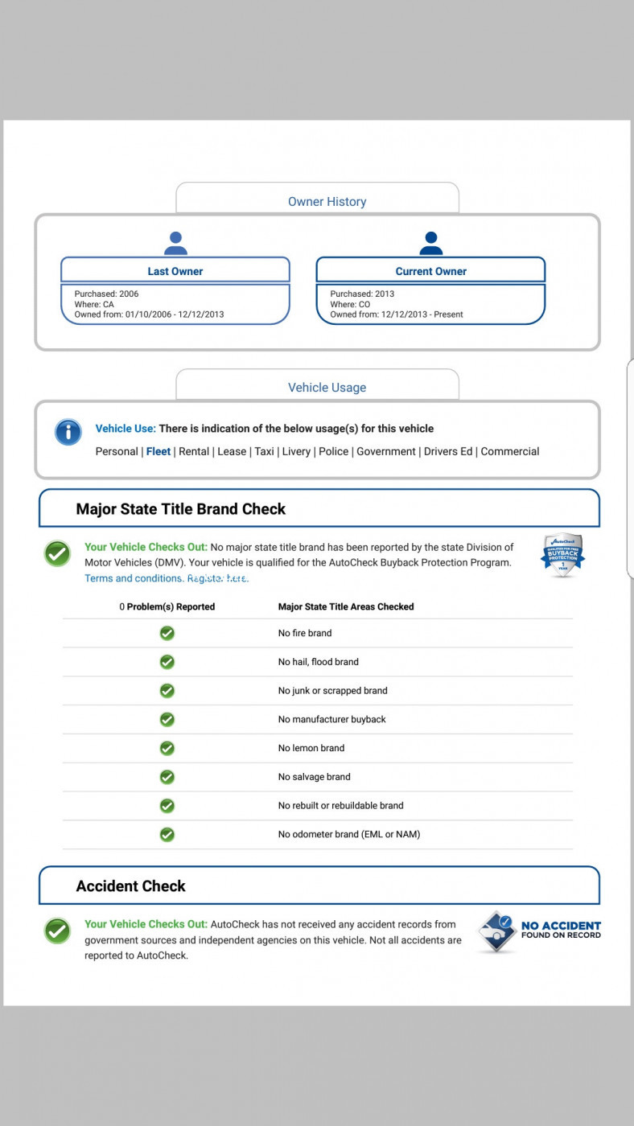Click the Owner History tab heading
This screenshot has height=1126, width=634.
pos(327,202)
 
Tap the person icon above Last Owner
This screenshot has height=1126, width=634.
pos(175,243)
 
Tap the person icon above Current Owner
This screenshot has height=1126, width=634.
pos(431,243)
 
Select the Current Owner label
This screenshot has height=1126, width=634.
pos(430,271)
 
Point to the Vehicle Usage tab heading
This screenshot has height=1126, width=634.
pos(327,388)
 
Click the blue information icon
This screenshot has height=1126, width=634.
pos(68,432)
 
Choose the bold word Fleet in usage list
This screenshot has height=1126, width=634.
pos(158,451)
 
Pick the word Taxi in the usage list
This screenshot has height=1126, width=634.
pos(264,451)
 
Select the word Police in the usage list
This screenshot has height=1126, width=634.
pos(333,451)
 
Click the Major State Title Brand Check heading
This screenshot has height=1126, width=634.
pos(181,509)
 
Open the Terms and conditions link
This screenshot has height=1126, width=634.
pos(134,578)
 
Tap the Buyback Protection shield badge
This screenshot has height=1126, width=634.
pos(562,555)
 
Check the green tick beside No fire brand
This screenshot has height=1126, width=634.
pos(167,633)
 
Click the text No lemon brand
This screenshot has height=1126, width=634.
pos(311,748)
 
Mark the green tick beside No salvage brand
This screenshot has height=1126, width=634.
pos(167,777)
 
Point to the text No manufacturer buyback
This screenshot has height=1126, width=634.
pos(332,719)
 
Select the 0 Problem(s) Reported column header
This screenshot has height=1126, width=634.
pos(167,606)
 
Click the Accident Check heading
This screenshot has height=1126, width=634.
pos(131,886)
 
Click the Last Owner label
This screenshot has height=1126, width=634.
pos(175,271)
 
